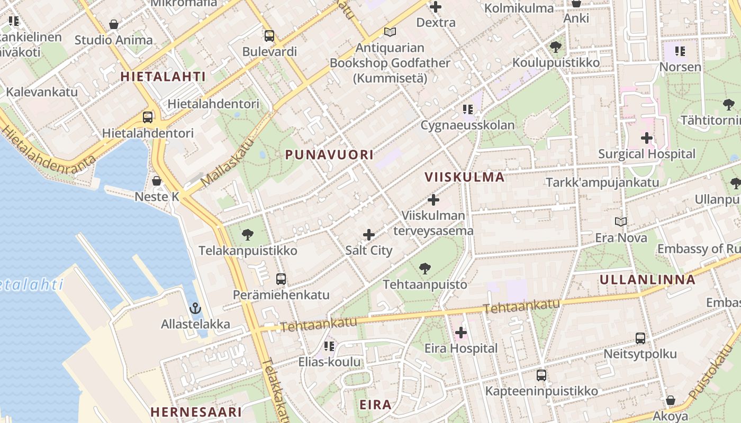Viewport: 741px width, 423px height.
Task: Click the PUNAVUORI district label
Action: tap(329, 155)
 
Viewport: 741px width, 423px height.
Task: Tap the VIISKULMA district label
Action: tap(464, 177)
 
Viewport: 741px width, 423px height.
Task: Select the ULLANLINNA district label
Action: tap(647, 280)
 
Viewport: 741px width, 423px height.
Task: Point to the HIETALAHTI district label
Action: tap(163, 77)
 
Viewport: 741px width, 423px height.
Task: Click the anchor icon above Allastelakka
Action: tap(195, 308)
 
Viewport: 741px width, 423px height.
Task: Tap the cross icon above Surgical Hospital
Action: tap(646, 139)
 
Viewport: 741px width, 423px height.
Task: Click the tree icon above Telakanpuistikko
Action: tap(247, 234)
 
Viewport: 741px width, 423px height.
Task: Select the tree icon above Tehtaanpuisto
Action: tap(424, 269)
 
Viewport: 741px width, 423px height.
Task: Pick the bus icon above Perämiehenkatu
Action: tap(281, 279)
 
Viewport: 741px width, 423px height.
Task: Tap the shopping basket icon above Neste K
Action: tap(157, 181)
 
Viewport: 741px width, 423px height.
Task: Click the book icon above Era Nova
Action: tap(621, 222)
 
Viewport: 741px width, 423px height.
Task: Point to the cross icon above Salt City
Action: tap(369, 235)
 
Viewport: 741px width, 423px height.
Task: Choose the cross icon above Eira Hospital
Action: tap(461, 333)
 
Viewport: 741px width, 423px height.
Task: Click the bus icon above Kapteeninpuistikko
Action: tap(541, 375)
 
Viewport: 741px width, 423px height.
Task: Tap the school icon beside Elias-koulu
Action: tap(329, 346)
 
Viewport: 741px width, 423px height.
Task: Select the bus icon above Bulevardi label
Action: tap(269, 36)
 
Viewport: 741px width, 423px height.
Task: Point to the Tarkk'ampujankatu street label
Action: tap(602, 182)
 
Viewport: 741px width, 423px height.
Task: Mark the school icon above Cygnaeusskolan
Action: tap(467, 109)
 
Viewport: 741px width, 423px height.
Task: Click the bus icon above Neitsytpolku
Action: tap(640, 338)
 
